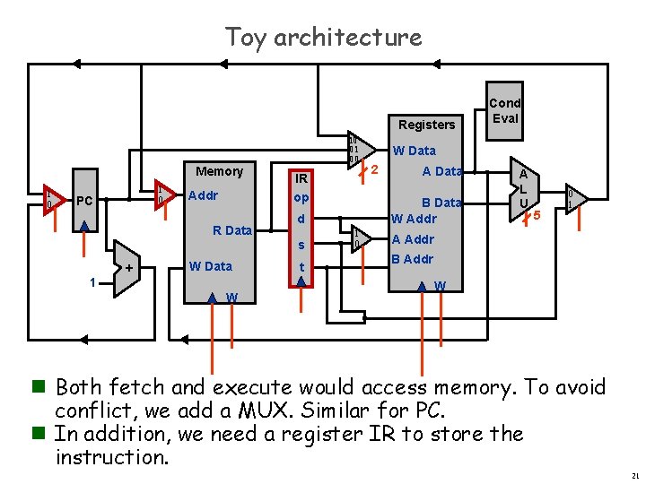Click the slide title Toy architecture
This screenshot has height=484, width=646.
click(323, 38)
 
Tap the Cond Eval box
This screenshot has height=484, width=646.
click(505, 111)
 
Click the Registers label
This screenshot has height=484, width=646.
click(427, 125)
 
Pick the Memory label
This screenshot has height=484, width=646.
click(219, 171)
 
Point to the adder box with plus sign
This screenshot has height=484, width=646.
click(128, 267)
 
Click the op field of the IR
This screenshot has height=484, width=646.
click(301, 197)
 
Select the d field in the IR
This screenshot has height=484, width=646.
click(301, 220)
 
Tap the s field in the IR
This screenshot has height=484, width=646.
click(301, 245)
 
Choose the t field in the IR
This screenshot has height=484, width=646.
click(301, 266)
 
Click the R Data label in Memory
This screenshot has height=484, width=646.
click(232, 230)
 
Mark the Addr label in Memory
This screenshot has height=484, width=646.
click(204, 195)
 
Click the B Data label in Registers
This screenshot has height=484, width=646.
click(441, 203)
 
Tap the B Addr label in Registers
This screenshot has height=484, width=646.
click(413, 260)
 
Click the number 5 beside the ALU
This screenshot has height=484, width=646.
click(537, 216)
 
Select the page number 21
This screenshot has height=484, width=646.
click(634, 474)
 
